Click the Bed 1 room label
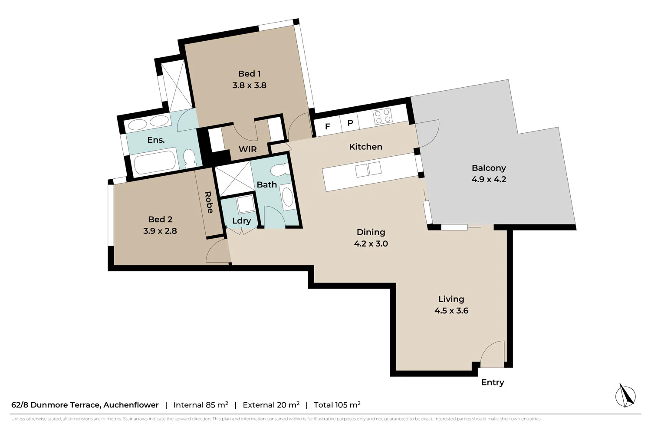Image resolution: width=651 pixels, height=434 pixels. point(249,74)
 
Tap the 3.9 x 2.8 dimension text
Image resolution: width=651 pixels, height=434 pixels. point(160,231)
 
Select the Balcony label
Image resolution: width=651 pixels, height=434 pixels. point(489,168)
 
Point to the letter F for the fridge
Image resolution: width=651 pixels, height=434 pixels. point(328,127)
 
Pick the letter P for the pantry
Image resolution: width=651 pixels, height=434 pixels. point(350,123)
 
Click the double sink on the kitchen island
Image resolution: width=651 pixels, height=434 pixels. point(368,170)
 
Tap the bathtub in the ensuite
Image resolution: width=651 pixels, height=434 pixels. point(155,162)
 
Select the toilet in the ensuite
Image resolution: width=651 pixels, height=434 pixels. point(189,158)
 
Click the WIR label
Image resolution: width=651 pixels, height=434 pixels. point(247,149)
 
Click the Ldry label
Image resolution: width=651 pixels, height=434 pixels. point(241,220)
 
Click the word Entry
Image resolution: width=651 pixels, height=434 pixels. point(493,382)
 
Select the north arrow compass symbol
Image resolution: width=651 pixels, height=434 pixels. point(626,395)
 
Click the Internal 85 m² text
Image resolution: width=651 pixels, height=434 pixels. point(201,405)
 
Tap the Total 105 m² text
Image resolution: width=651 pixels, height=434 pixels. point(337,405)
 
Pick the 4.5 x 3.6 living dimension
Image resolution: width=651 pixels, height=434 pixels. point(451,311)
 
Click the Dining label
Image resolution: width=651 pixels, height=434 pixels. point(371,232)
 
